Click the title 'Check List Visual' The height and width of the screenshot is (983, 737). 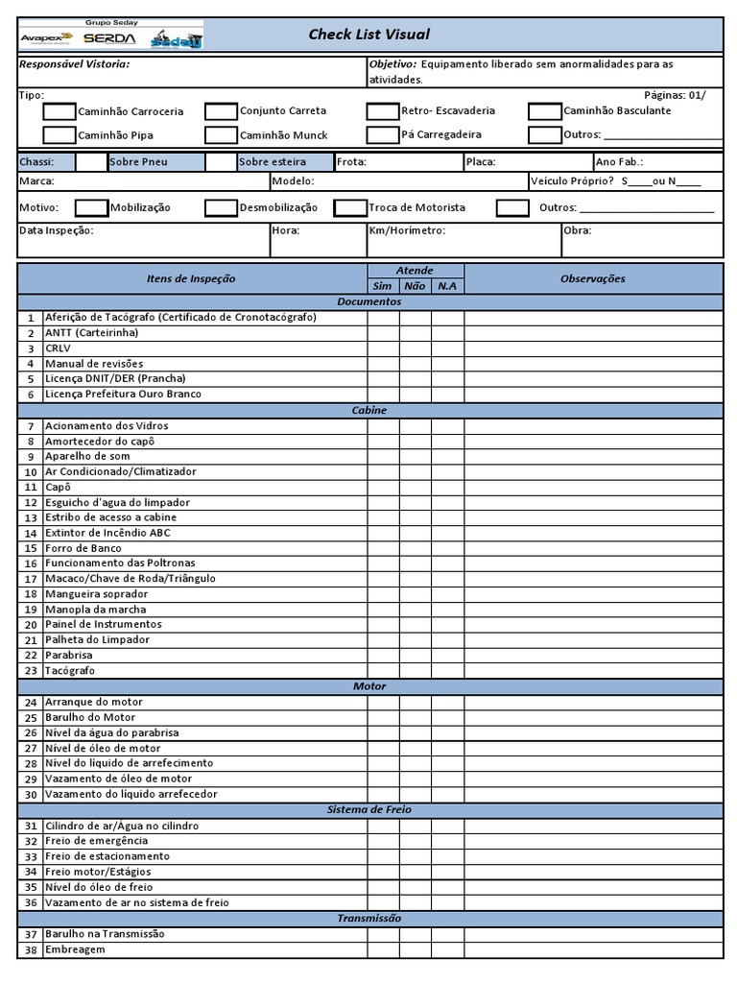pos(368,35)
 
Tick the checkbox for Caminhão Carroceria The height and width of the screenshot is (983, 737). pos(59,111)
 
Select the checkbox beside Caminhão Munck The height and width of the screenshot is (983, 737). pos(221,135)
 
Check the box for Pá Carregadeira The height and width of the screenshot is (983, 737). pos(382,135)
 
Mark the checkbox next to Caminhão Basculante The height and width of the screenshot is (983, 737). pos(544,111)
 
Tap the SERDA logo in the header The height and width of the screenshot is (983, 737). pos(109,38)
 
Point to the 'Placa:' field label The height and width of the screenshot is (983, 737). pos(481,162)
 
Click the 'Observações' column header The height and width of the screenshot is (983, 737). pos(592,278)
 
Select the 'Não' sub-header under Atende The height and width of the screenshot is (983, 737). pos(415,286)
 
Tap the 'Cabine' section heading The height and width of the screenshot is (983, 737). pos(369,410)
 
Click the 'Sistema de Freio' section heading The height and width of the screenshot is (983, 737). pos(369,809)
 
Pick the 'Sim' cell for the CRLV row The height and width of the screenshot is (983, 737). pos(383,348)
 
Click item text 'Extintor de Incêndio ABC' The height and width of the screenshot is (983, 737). pos(108,533)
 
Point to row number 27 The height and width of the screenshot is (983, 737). pos(31,748)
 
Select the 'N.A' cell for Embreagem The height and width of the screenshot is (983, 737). pos(447,949)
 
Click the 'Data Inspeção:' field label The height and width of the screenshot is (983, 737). pos(57,230)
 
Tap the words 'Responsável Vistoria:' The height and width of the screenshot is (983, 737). pos(74,64)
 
